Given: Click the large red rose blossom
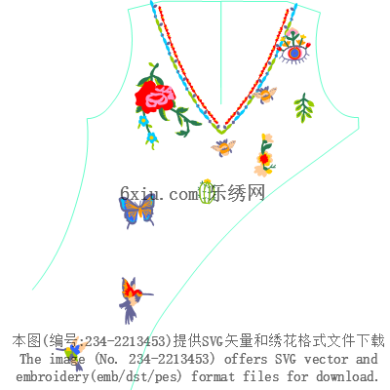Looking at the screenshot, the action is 154,97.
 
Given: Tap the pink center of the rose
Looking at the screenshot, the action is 159,97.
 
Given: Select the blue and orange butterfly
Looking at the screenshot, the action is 136,210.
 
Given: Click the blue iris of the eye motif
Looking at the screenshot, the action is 294,54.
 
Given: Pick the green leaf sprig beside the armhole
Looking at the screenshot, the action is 304,108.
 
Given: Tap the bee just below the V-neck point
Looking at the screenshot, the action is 223,147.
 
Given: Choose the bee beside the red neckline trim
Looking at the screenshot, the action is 265,95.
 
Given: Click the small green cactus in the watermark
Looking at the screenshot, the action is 206,192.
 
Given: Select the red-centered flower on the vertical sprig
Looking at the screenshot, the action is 264,159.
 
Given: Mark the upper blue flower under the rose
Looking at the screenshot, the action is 143,121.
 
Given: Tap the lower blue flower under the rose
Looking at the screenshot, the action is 152,137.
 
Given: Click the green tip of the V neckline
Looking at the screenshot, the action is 221,131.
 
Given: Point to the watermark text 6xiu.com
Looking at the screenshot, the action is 159,194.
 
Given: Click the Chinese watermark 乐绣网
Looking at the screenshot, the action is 237,193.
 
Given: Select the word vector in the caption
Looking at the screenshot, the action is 327,359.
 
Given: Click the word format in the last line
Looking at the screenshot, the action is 213,376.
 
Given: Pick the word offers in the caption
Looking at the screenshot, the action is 246,359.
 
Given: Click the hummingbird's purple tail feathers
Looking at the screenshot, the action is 130,311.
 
